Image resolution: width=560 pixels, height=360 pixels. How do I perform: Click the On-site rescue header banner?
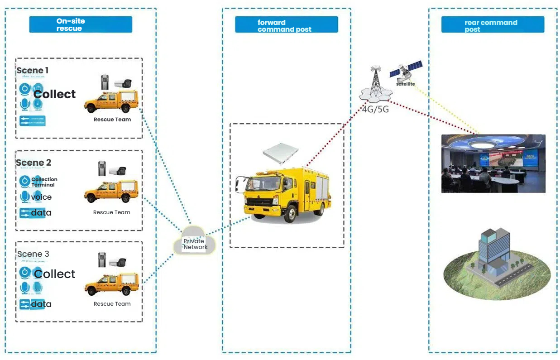pyautogui.click(x=81, y=24)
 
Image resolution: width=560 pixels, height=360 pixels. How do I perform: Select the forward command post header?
pyautogui.click(x=286, y=25)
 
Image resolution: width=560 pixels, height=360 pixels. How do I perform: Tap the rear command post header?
pyautogui.click(x=493, y=25)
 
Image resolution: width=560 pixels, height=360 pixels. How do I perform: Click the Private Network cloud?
pyautogui.click(x=195, y=244)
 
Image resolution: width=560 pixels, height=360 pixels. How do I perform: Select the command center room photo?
pyautogui.click(x=493, y=163)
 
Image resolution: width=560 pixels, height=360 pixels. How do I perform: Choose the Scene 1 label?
pyautogui.click(x=33, y=70)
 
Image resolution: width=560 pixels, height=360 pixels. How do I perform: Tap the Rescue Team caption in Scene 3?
pyautogui.click(x=112, y=304)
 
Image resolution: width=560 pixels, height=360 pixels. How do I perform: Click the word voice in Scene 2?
pyautogui.click(x=41, y=197)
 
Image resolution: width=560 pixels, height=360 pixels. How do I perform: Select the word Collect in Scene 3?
pyautogui.click(x=55, y=274)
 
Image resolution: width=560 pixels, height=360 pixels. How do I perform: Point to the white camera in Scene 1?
pyautogui.click(x=122, y=83)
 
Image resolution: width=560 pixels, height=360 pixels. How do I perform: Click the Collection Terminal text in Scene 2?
pyautogui.click(x=44, y=182)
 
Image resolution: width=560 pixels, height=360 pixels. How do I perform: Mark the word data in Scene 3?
pyautogui.click(x=41, y=304)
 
